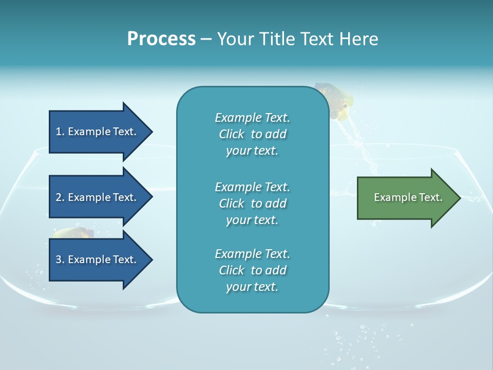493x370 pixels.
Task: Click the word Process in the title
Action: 161,39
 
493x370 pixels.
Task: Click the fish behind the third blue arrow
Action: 74,233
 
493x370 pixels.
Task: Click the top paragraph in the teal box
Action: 252,134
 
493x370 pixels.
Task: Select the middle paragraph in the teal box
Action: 252,203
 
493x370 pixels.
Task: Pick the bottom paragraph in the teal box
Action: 252,270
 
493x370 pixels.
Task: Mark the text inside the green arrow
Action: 408,197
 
